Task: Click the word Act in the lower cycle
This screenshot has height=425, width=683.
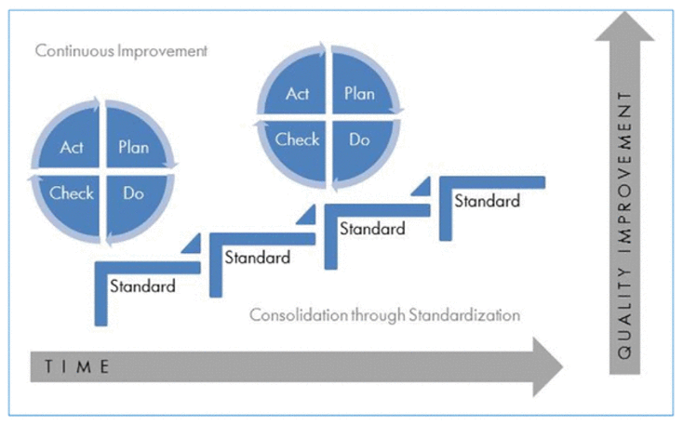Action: pyautogui.click(x=72, y=147)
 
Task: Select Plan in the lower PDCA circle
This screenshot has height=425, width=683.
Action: pyautogui.click(x=134, y=147)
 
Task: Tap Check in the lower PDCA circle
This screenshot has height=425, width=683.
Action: pyautogui.click(x=72, y=193)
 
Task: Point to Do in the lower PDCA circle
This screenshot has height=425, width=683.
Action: pyautogui.click(x=133, y=193)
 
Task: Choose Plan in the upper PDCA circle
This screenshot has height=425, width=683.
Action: pyautogui.click(x=359, y=94)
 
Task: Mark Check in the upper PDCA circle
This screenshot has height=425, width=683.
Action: pyautogui.click(x=297, y=139)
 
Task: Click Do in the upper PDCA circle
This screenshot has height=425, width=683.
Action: pyautogui.click(x=359, y=139)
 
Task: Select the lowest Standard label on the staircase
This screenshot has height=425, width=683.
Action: pyautogui.click(x=142, y=286)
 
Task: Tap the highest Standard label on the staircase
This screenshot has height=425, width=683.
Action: pyautogui.click(x=487, y=201)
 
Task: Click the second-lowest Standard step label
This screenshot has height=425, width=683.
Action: pyautogui.click(x=258, y=258)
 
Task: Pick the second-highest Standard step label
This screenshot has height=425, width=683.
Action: pyautogui.click(x=372, y=229)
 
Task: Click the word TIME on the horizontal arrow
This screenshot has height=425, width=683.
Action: pyautogui.click(x=76, y=366)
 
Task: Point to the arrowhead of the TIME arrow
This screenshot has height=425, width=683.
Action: pyautogui.click(x=547, y=366)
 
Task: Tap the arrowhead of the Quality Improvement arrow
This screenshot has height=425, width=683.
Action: pyautogui.click(x=624, y=26)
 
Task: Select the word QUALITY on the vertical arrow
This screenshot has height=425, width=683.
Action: pyautogui.click(x=624, y=313)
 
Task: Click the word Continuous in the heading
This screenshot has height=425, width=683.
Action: pyautogui.click(x=75, y=50)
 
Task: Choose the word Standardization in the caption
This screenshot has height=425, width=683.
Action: pyautogui.click(x=464, y=315)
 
